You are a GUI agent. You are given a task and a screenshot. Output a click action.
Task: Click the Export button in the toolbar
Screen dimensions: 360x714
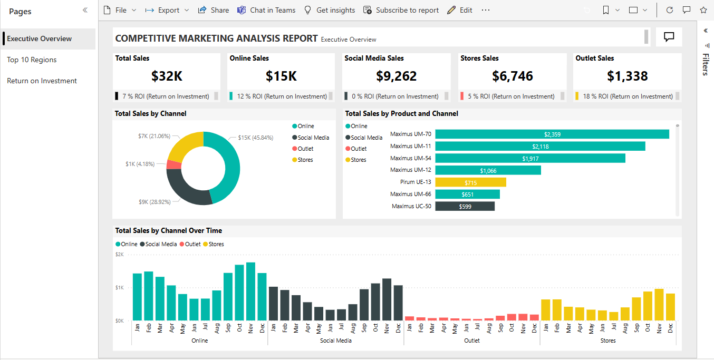[x=167, y=10]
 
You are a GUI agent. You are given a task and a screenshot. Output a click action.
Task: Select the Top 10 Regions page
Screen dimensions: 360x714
[x=32, y=60]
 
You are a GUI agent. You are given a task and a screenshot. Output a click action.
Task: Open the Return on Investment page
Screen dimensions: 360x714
[x=42, y=81]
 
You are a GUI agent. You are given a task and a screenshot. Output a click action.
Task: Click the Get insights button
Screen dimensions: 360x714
[x=330, y=10]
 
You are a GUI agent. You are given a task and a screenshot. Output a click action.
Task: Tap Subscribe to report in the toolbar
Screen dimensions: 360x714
[x=401, y=10]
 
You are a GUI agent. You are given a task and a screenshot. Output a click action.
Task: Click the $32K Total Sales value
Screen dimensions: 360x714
[x=167, y=76]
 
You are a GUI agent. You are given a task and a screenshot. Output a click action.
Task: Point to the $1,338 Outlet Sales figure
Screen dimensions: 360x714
[x=627, y=76]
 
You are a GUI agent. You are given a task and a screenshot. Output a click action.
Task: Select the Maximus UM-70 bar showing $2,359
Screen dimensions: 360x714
[x=552, y=134]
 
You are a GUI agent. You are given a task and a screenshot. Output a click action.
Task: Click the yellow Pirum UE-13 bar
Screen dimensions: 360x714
[x=470, y=182]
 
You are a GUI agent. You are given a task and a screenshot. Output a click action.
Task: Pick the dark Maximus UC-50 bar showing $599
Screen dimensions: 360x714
[x=465, y=207]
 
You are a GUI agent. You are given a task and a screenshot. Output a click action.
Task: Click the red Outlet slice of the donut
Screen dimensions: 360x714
[x=173, y=164]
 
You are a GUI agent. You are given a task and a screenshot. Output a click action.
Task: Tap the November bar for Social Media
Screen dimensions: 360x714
[x=387, y=299]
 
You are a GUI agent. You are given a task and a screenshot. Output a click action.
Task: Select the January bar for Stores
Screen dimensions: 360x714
[x=546, y=309]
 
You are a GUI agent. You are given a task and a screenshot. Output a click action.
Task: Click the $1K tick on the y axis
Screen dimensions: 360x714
[x=120, y=288]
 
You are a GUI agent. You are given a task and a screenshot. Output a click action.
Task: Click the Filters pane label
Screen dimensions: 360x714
[x=706, y=64]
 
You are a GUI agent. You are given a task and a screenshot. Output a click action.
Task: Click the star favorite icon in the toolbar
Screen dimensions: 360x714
[x=703, y=10]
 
